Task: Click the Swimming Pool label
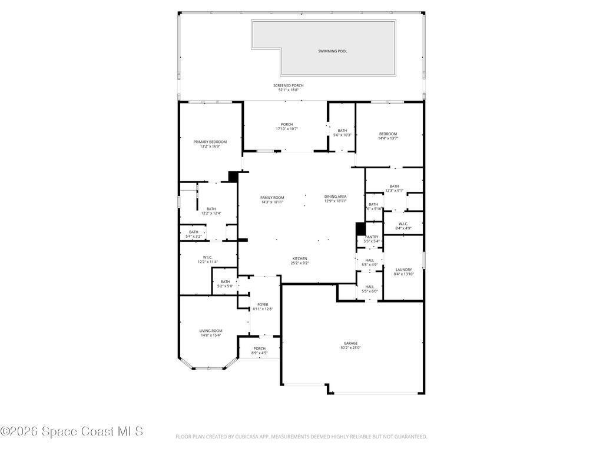click(333, 51)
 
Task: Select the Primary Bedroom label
click(210, 142)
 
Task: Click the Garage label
click(351, 343)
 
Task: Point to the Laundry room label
click(403, 270)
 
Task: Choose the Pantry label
click(372, 237)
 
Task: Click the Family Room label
click(272, 197)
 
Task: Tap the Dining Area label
click(335, 197)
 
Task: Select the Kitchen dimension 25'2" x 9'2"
click(300, 263)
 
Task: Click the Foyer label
click(263, 304)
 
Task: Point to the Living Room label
click(211, 331)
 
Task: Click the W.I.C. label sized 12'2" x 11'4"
click(207, 257)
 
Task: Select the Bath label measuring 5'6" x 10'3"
click(342, 131)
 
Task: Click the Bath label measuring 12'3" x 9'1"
click(394, 186)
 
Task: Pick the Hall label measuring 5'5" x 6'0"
click(370, 287)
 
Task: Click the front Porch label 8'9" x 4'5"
click(259, 348)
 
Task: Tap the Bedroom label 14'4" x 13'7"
click(388, 134)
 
